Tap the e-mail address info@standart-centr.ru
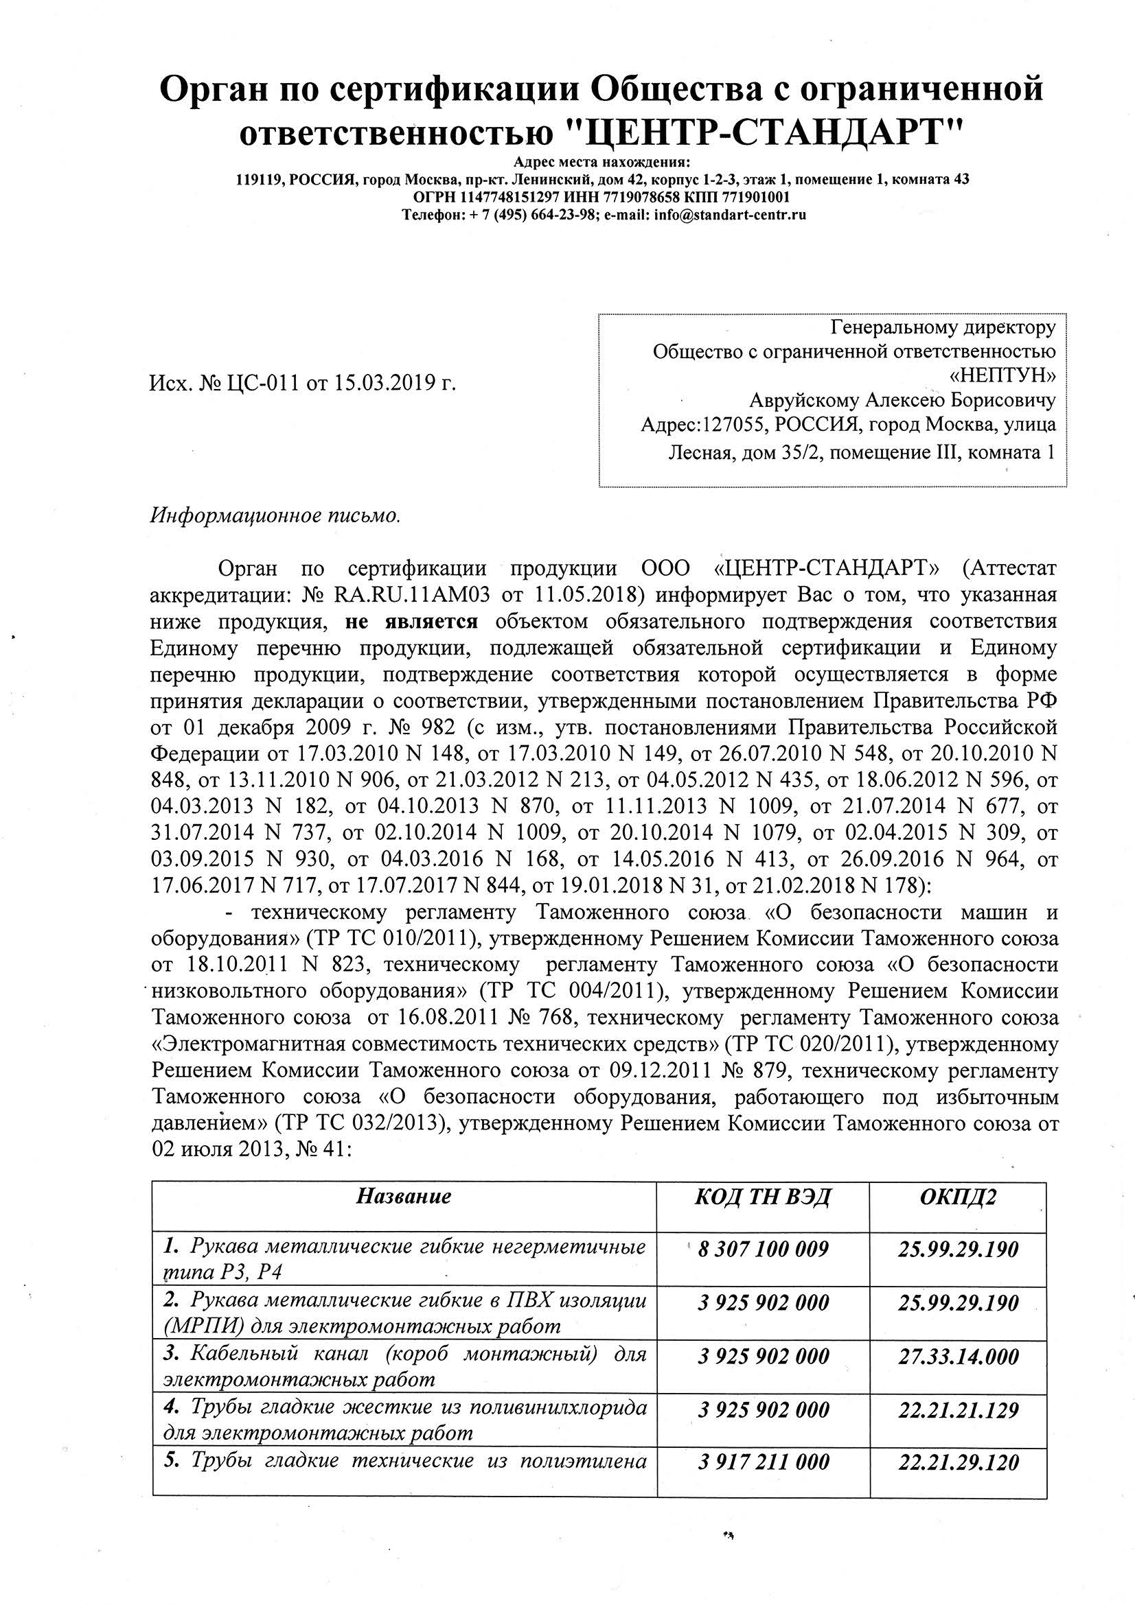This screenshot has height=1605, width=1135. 729,215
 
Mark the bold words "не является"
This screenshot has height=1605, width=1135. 411,621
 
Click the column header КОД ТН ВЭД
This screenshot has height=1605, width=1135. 762,1196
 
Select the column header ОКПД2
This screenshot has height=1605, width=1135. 957,1196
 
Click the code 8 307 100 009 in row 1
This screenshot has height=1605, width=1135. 763,1248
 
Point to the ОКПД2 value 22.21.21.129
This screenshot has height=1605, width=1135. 958,1410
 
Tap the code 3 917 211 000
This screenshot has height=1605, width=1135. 763,1462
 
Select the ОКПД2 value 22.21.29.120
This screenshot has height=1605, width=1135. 958,1462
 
